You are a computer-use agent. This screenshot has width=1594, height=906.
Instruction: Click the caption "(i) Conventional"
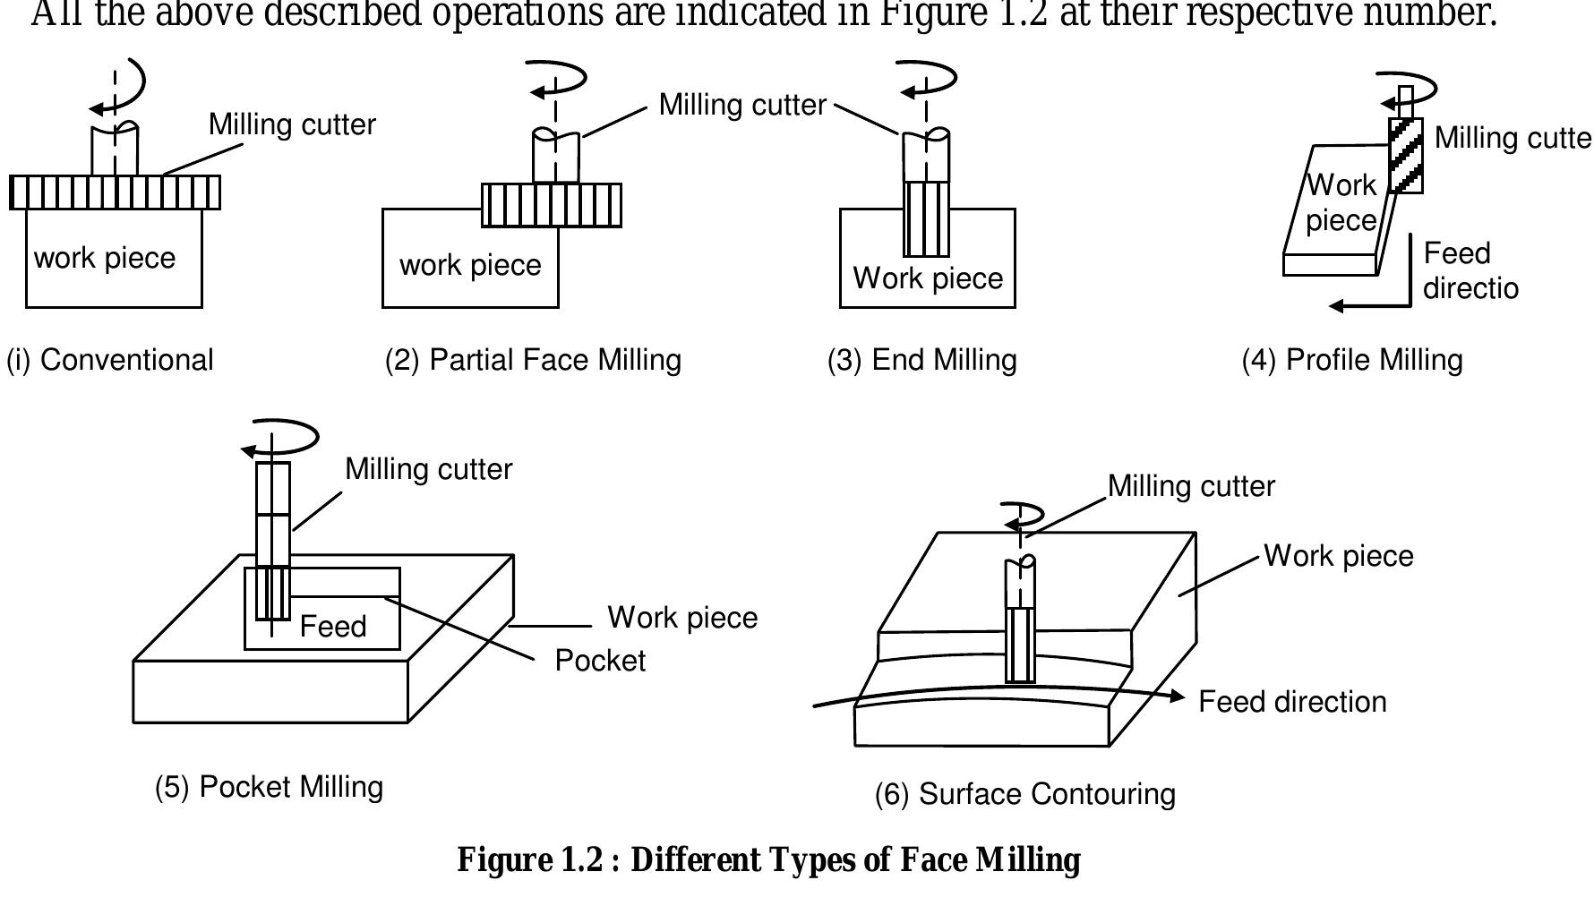tap(110, 360)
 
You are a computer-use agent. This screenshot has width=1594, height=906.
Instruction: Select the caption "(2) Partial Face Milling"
tap(533, 360)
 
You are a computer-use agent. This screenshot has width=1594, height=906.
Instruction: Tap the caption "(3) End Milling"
tap(921, 360)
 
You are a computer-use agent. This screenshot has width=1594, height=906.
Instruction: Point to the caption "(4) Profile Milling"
tap(1351, 360)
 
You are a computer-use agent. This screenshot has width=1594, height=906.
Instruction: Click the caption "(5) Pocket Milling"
tap(269, 787)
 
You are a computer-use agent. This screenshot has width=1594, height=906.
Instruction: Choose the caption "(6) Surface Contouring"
tap(1024, 794)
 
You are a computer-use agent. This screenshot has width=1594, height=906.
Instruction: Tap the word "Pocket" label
tap(600, 661)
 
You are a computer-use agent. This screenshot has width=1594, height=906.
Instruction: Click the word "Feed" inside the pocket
tap(333, 627)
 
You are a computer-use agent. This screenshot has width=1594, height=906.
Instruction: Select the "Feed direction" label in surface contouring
tap(1292, 702)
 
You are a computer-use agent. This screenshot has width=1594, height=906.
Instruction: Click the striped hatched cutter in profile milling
tap(1405, 155)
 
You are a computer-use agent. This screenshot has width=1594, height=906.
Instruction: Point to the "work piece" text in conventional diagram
tap(105, 258)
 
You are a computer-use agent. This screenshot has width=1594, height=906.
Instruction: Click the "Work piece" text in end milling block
tap(928, 278)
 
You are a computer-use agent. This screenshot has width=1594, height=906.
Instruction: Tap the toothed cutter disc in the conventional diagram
tap(115, 192)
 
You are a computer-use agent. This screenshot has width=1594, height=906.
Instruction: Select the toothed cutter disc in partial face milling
tap(552, 205)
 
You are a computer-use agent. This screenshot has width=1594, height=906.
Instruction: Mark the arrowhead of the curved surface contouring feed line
tap(1179, 697)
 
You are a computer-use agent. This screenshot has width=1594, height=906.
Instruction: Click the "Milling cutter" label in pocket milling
tap(428, 469)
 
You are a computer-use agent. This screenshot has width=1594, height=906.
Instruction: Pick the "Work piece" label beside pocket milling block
tap(682, 618)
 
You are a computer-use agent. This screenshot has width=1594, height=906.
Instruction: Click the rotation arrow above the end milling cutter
tap(928, 79)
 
